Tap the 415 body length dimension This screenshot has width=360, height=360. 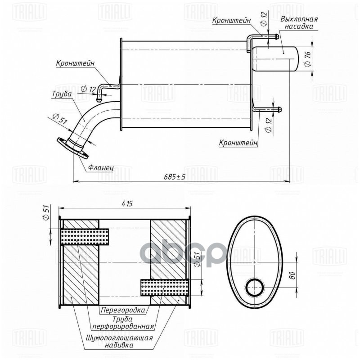[x=126, y=204]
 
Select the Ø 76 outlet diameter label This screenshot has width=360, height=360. [x=308, y=58]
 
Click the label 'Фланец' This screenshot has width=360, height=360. [x=100, y=167]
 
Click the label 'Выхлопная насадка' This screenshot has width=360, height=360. [x=299, y=23]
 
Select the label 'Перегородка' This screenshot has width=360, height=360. [x=123, y=310]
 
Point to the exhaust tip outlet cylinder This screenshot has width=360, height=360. [x=276, y=58]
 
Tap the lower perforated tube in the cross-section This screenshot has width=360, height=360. [x=164, y=287]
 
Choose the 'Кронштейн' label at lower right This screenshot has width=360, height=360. [x=238, y=143]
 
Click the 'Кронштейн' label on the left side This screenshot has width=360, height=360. [x=76, y=63]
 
